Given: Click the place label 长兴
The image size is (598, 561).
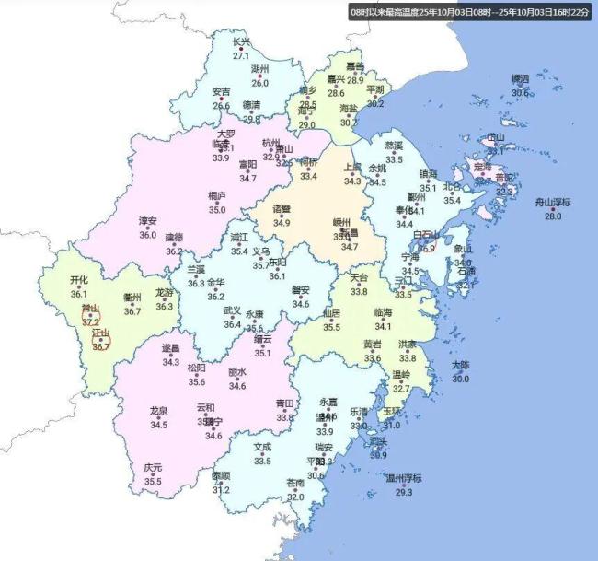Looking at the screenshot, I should click(241, 42).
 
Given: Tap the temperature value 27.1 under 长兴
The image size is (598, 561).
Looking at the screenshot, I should click(241, 56).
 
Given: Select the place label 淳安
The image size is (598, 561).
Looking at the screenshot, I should click(147, 221).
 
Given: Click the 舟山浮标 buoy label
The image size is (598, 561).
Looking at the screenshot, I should click(553, 203).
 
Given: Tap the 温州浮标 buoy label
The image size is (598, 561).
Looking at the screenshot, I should click(403, 478).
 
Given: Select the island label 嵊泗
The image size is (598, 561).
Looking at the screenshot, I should click(520, 79).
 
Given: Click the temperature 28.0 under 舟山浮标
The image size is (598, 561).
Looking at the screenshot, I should click(553, 216).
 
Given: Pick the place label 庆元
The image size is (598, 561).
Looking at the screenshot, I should click(153, 468).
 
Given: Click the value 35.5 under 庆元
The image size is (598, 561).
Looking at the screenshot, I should click(153, 481).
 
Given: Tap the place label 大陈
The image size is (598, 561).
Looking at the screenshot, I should click(460, 366).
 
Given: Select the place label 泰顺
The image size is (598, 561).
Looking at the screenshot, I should click(221, 476).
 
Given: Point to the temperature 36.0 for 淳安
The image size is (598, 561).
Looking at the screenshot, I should click(147, 235).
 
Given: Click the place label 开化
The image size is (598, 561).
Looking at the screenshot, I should click(79, 280).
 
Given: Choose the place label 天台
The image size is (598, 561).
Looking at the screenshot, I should click(359, 278).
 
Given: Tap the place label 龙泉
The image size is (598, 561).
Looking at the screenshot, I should click(158, 411).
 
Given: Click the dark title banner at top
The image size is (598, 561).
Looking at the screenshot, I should click(470, 12).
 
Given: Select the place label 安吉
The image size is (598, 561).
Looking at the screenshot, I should click(222, 92).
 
